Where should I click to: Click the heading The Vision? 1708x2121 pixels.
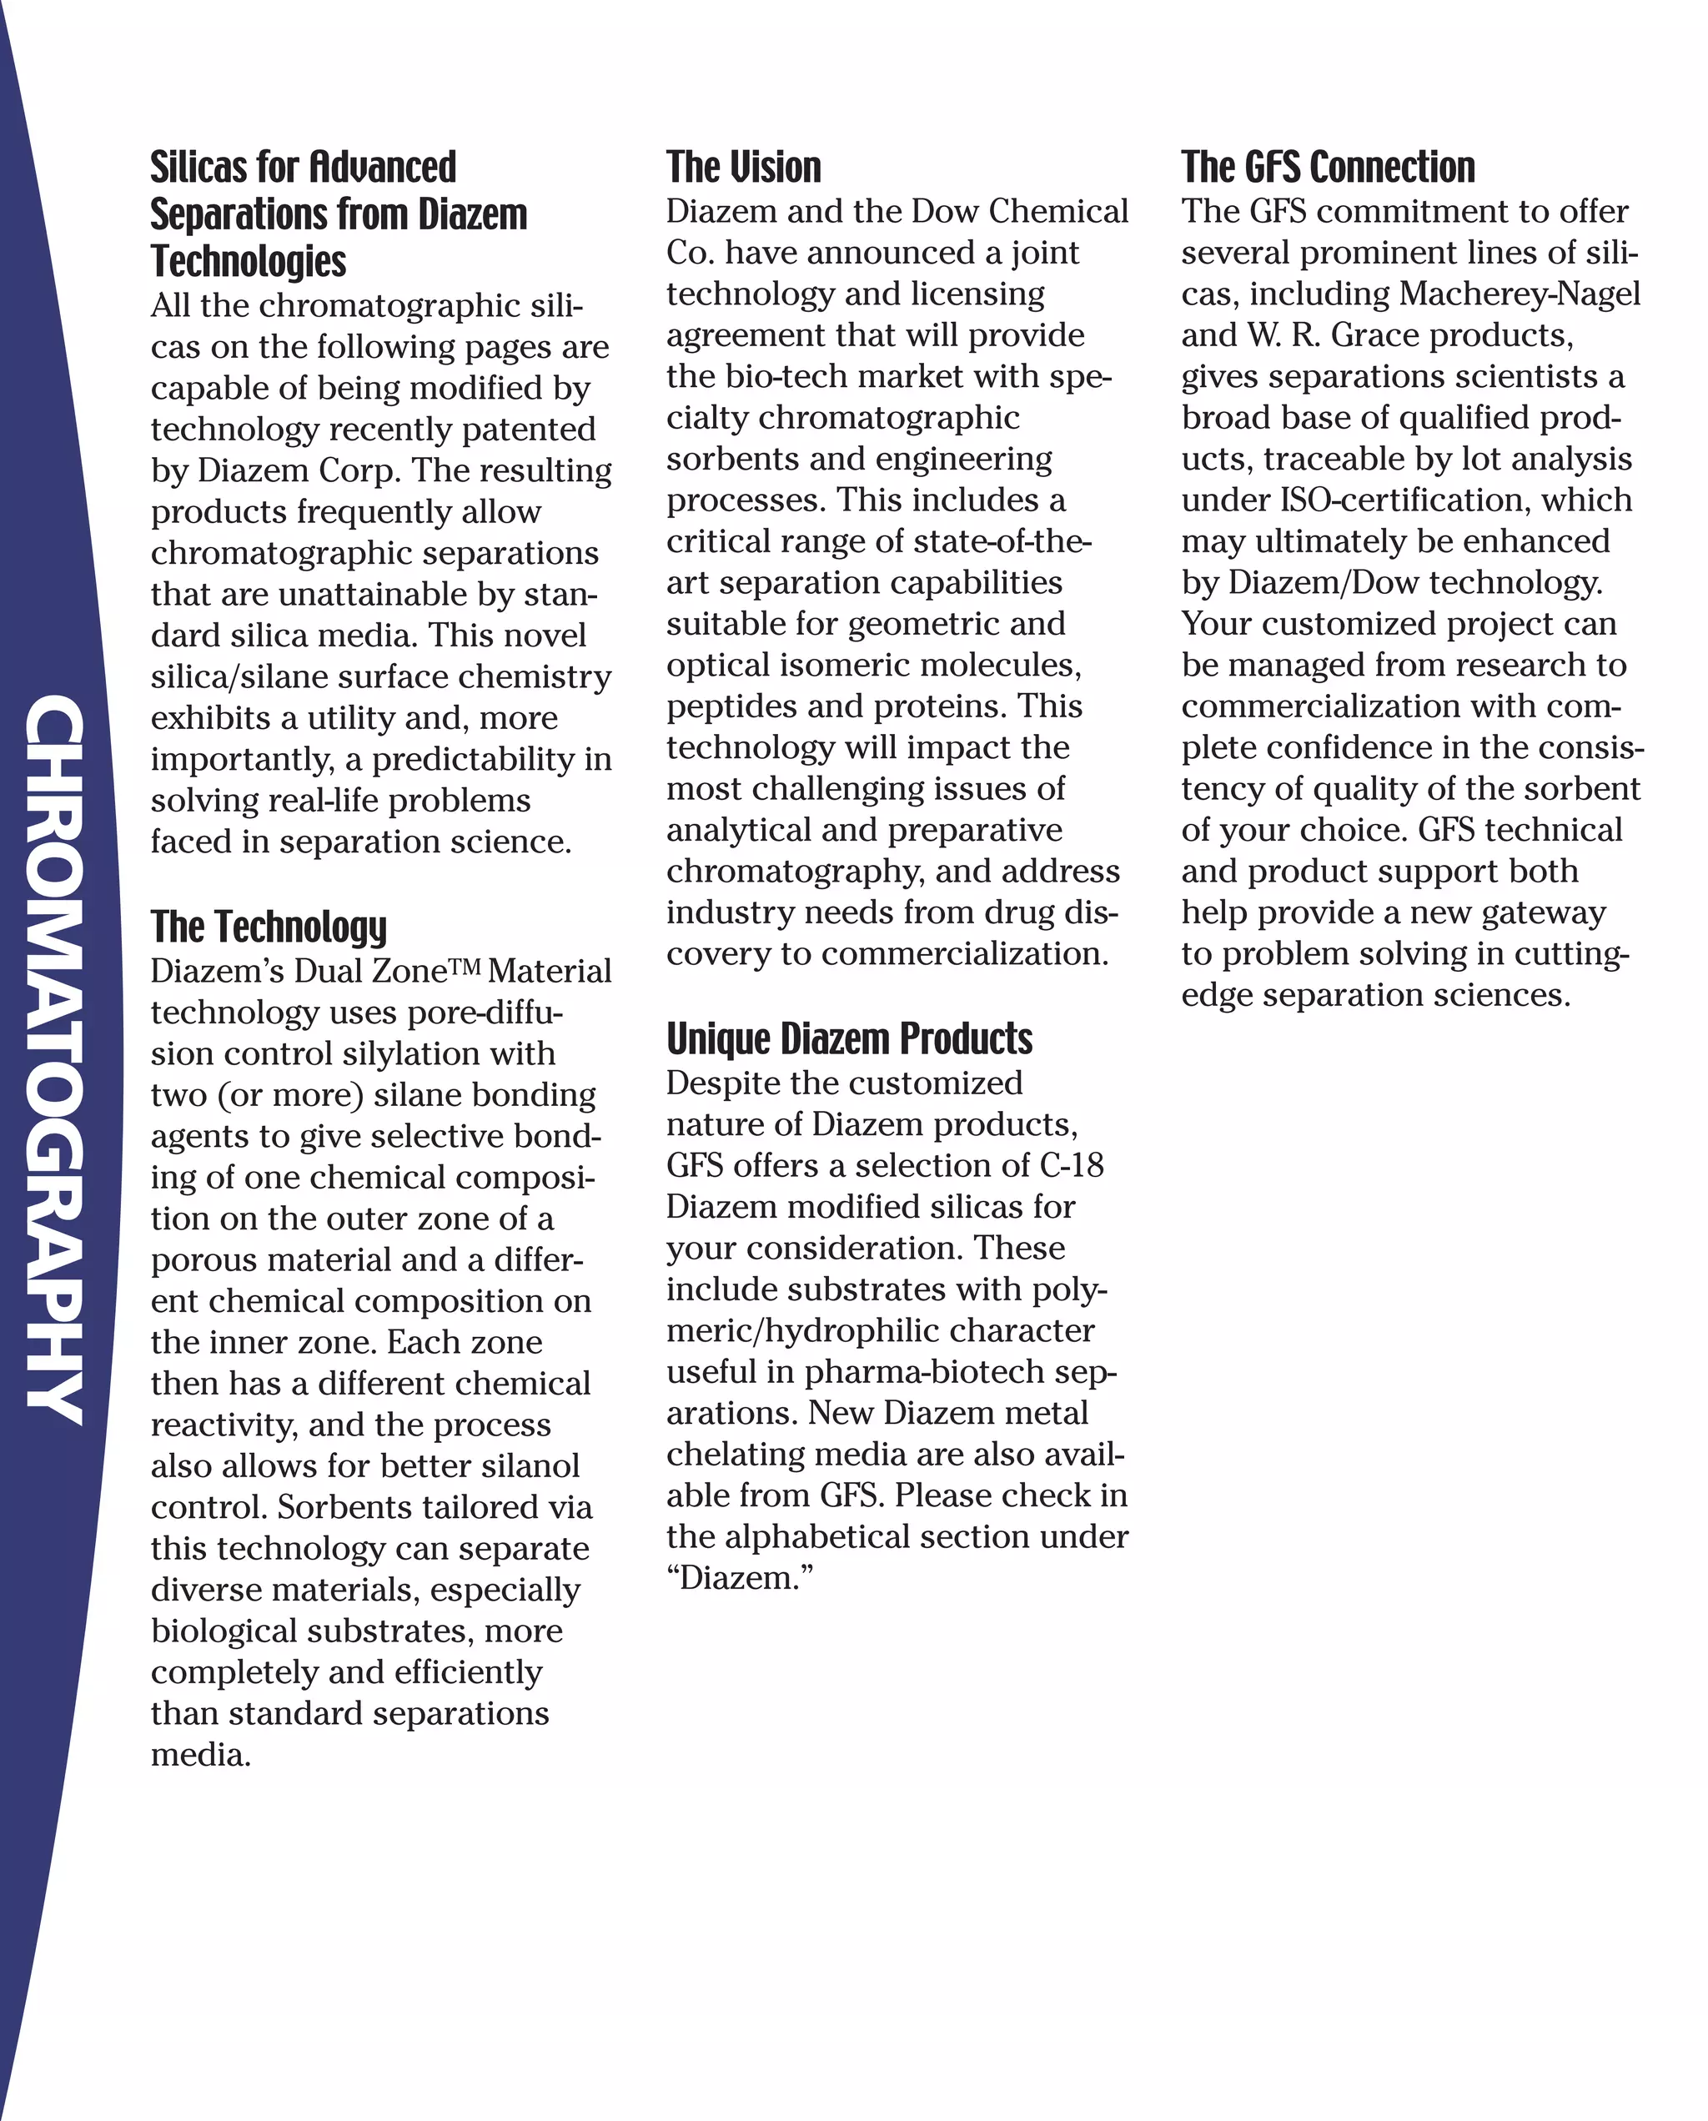coord(743,168)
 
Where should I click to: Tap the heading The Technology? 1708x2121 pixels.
coord(269,927)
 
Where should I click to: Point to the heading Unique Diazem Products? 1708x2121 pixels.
coord(849,1039)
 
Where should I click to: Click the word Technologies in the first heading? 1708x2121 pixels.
coord(248,262)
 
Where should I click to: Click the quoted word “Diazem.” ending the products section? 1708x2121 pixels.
coord(740,1578)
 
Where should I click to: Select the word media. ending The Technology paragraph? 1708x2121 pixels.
coord(201,1755)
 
